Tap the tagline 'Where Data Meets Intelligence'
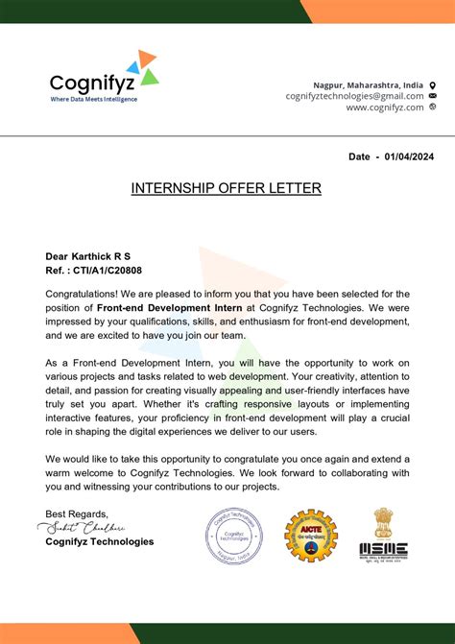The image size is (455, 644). tap(93, 100)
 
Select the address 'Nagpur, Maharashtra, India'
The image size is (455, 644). tap(369, 84)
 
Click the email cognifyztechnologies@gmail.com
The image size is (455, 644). tap(354, 96)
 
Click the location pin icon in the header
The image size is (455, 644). tap(432, 84)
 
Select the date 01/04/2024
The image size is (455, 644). tap(408, 155)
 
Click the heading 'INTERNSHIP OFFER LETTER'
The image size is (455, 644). tap(227, 188)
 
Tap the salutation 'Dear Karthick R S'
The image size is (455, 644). tap(87, 256)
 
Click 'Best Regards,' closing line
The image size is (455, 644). tap(77, 513)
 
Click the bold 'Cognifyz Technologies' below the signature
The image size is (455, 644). tap(99, 542)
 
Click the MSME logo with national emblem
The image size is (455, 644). tap(383, 535)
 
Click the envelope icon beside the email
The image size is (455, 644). tap(432, 96)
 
